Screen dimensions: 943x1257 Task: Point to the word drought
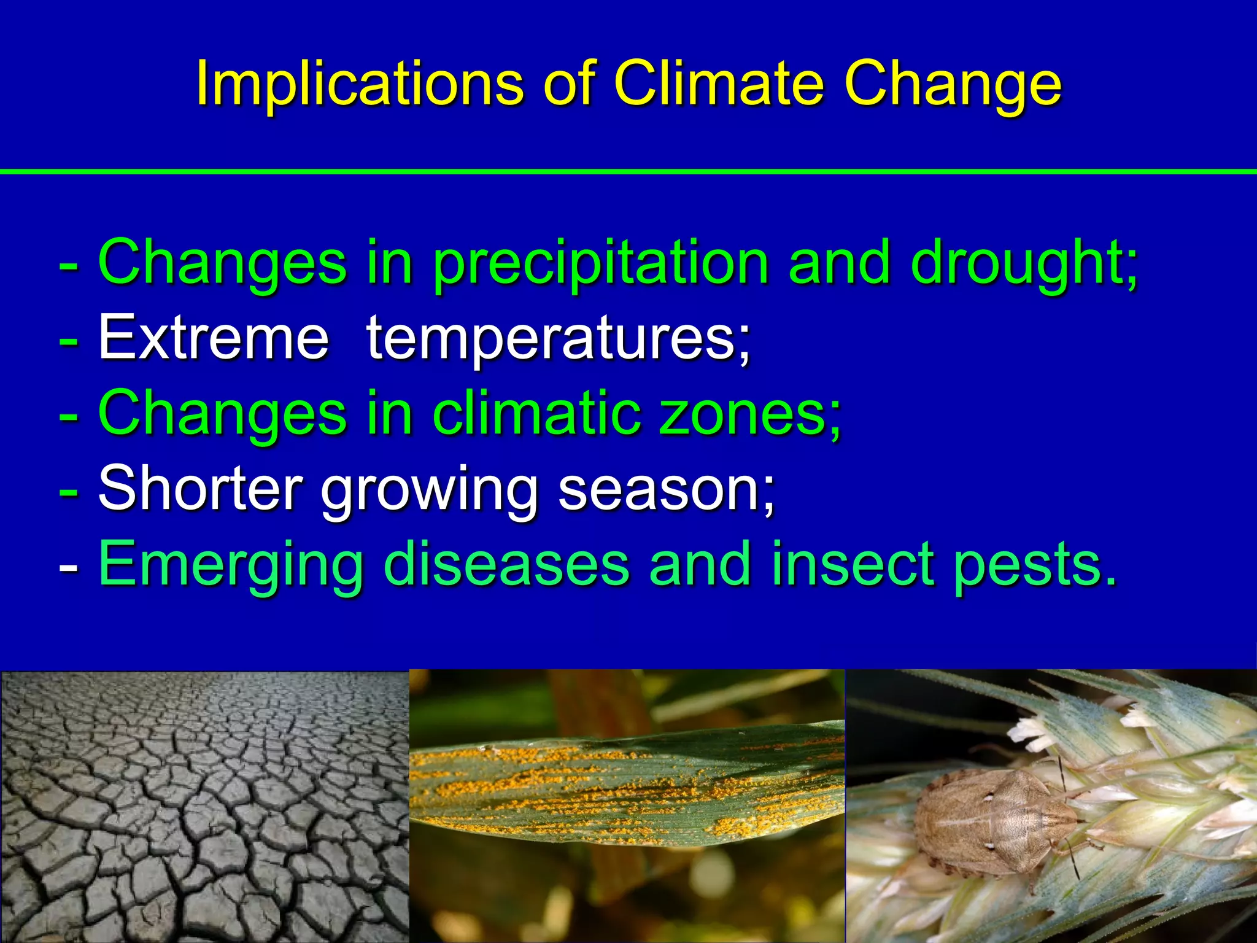click(1022, 264)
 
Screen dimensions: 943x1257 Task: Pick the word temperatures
click(557, 339)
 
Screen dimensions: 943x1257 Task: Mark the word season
click(666, 489)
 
